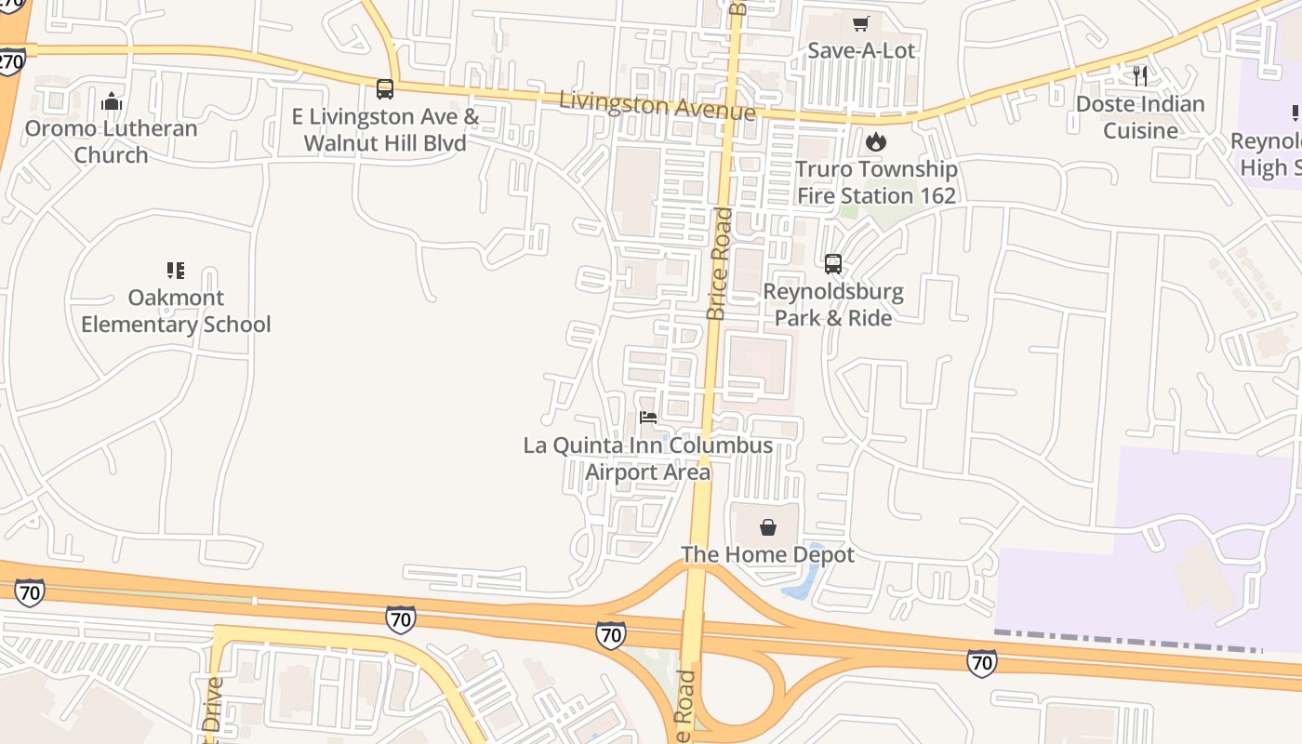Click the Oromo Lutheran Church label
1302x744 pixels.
click(x=112, y=141)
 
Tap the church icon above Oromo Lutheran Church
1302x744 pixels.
click(x=112, y=100)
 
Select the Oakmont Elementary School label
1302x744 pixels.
click(x=176, y=311)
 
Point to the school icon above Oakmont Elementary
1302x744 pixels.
click(x=176, y=271)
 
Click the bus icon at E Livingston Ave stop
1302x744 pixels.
click(x=385, y=89)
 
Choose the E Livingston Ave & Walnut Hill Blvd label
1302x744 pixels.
click(x=385, y=130)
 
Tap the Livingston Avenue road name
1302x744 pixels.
click(x=657, y=104)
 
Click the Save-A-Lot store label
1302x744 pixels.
click(x=861, y=50)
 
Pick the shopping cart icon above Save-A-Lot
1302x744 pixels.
click(x=861, y=23)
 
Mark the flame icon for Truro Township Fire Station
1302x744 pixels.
click(x=876, y=142)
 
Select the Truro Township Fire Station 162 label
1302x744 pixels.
click(x=876, y=182)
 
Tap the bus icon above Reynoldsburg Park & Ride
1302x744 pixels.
click(x=833, y=264)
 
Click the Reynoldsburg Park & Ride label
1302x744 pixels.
click(x=833, y=305)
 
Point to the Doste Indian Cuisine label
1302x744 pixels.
click(x=1140, y=117)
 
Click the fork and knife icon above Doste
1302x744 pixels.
click(x=1140, y=76)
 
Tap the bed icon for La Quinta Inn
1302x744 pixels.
click(x=648, y=418)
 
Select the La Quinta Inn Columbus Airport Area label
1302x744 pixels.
click(x=648, y=458)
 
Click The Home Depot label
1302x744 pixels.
click(x=768, y=555)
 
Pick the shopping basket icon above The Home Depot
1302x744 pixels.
click(x=768, y=527)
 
